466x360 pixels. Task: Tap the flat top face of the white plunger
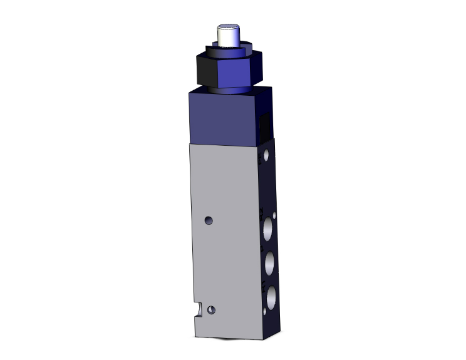pyautogui.click(x=227, y=27)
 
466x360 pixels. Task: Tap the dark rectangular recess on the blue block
pyautogui.click(x=266, y=126)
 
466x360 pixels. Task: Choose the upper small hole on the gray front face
pyautogui.click(x=209, y=220)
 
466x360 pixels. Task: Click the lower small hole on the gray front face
pyautogui.click(x=214, y=309)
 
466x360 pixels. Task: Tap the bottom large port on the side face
pyautogui.click(x=271, y=297)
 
